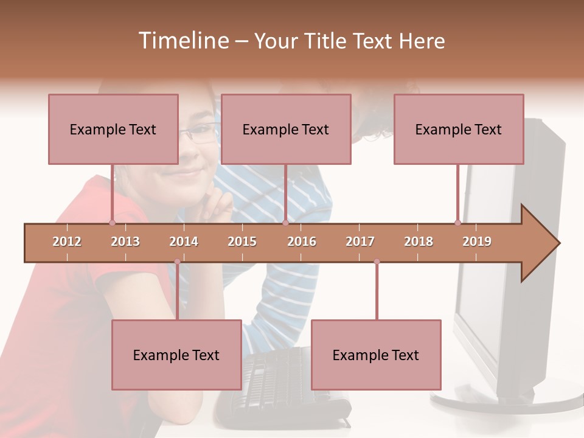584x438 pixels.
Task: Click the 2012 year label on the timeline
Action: tap(67, 242)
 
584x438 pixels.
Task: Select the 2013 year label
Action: tap(125, 242)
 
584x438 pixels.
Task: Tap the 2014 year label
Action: tap(184, 242)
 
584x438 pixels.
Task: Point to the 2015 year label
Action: tap(242, 242)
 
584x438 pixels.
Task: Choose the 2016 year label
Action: tap(302, 242)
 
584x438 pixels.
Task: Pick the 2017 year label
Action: tap(360, 242)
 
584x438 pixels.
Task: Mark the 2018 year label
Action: tap(419, 242)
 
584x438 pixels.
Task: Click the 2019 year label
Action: tap(477, 242)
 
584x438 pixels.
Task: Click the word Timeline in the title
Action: tap(183, 41)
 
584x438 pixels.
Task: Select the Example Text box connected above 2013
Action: tap(113, 129)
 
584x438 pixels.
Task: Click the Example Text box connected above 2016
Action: tap(286, 129)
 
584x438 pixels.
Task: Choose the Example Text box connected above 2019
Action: tap(459, 129)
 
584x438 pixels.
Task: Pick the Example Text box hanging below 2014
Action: tap(176, 355)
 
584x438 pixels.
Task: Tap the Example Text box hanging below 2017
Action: tap(376, 355)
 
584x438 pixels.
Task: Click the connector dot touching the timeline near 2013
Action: tap(112, 223)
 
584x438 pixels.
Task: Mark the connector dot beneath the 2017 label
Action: tap(377, 262)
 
